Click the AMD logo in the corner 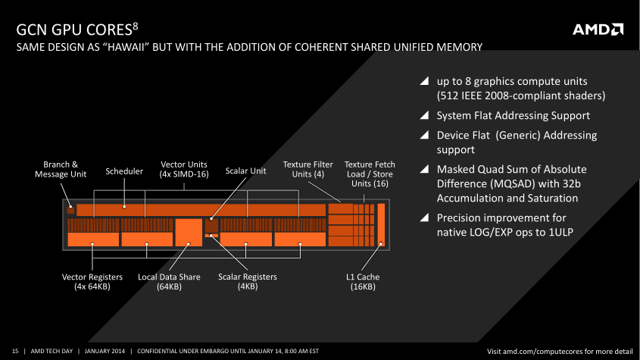click(x=598, y=30)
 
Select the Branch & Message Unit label click(x=61, y=169)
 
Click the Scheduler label click(x=124, y=171)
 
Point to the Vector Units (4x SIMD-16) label click(x=184, y=169)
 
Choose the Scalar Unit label click(x=245, y=171)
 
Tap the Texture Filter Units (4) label click(x=308, y=169)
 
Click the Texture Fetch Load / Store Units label click(x=370, y=174)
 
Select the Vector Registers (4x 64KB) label click(x=92, y=281)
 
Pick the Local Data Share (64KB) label click(x=169, y=281)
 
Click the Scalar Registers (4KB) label click(x=248, y=281)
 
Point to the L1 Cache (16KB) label click(x=363, y=281)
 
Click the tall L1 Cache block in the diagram click(x=381, y=225)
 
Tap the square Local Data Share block click(x=189, y=232)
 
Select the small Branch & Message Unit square click(x=70, y=209)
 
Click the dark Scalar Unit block click(x=211, y=225)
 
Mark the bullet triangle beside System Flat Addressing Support click(x=424, y=115)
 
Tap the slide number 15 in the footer click(x=15, y=351)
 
